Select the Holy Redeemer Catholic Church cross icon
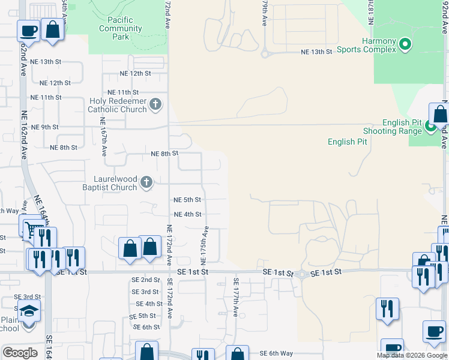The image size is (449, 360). point(155,104)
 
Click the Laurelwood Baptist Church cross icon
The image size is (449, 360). point(146,182)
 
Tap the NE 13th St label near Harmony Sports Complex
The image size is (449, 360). point(317,52)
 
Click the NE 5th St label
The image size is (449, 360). point(187,200)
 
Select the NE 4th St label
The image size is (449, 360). point(187,214)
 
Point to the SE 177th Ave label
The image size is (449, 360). point(236,296)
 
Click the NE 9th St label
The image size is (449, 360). point(46,127)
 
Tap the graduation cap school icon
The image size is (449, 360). point(27,311)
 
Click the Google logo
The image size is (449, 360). point(20,353)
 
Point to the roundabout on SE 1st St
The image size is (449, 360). point(301,274)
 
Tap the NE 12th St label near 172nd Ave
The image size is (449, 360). point(135,73)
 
